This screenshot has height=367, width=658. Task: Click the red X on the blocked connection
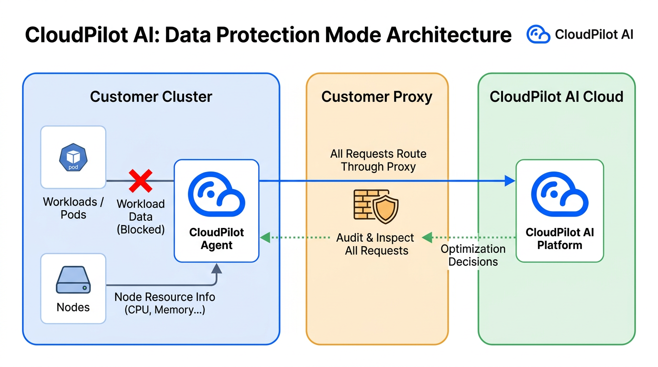(x=141, y=181)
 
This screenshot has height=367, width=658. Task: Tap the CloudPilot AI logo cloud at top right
(x=538, y=34)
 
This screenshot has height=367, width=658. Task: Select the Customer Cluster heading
(x=151, y=97)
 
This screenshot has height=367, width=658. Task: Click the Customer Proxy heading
(x=377, y=97)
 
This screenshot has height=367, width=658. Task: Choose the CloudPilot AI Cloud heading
(x=557, y=97)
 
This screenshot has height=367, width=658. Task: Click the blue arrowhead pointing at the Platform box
(x=510, y=181)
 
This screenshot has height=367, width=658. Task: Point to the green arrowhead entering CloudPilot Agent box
(x=265, y=237)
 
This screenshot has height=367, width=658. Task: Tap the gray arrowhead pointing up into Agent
(x=217, y=268)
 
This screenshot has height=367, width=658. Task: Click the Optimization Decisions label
(x=473, y=255)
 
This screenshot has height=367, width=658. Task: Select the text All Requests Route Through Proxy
(x=378, y=161)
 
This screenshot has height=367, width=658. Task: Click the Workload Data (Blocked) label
(x=141, y=216)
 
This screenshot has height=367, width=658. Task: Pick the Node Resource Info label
(x=164, y=303)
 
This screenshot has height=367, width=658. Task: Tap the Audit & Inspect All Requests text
(x=376, y=244)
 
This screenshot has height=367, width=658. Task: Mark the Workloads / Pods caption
(x=73, y=208)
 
